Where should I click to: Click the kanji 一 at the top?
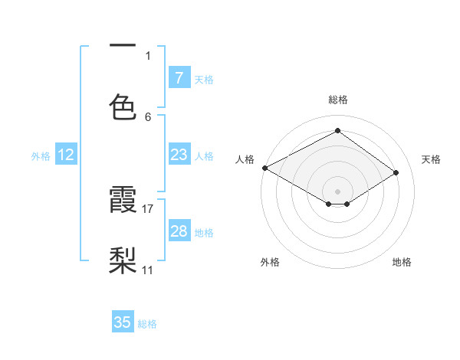pyautogui.click(x=123, y=46)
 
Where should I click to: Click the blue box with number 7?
pyautogui.click(x=179, y=77)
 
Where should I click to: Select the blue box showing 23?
pyautogui.click(x=179, y=155)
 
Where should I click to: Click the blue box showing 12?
pyautogui.click(x=66, y=155)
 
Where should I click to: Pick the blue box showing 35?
pyautogui.click(x=123, y=322)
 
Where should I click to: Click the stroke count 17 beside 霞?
pyautogui.click(x=149, y=208)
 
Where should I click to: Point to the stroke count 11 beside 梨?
pyautogui.click(x=148, y=270)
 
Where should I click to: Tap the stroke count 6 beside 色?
pyautogui.click(x=148, y=116)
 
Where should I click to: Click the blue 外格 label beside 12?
pyautogui.click(x=41, y=155)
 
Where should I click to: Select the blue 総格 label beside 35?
pyautogui.click(x=147, y=324)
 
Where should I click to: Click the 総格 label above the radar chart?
pyautogui.click(x=338, y=100)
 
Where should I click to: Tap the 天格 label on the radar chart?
pyautogui.click(x=431, y=159)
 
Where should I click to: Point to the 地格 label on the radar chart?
pyautogui.click(x=402, y=262)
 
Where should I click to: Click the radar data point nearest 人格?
pyautogui.click(x=264, y=168)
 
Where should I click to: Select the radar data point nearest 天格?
pyautogui.click(x=396, y=173)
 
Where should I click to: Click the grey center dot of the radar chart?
pyautogui.click(x=338, y=191)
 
